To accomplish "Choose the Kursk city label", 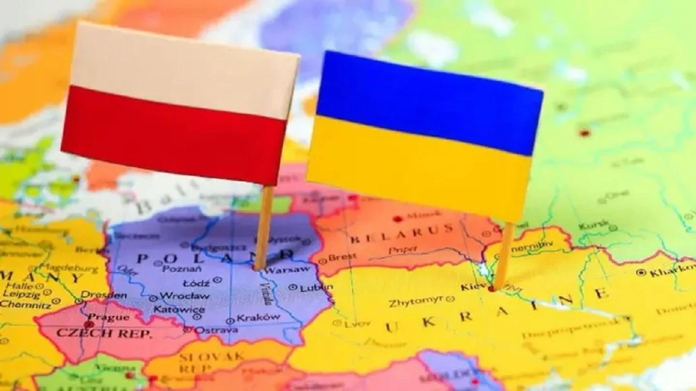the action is (593, 225).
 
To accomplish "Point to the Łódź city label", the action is (196, 282).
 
